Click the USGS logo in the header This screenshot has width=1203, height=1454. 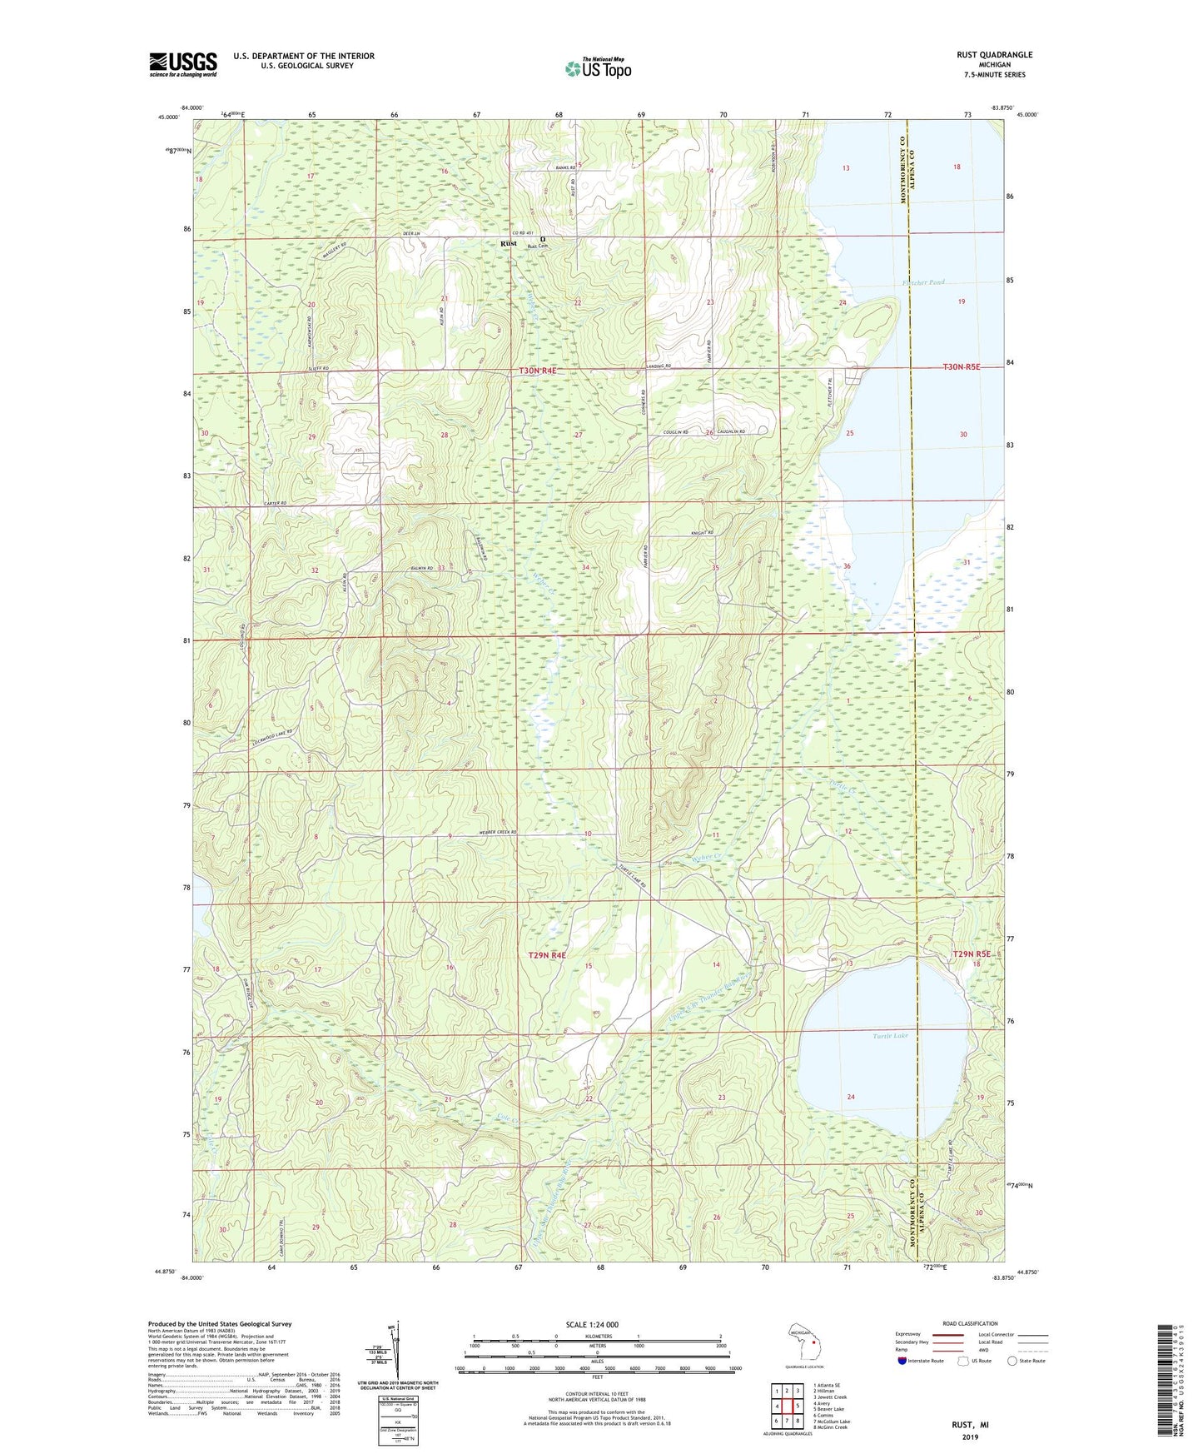point(182,64)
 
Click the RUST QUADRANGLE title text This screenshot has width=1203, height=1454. point(994,55)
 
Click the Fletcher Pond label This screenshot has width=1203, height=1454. point(924,283)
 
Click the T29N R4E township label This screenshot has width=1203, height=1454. point(547,955)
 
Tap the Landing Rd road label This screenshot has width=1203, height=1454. point(658,366)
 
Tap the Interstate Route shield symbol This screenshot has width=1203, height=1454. point(902,1361)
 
